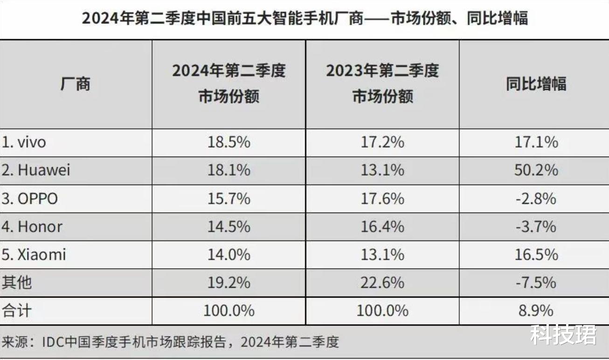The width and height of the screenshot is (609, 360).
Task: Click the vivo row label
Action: tap(25, 142)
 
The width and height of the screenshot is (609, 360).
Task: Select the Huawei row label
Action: tap(36, 170)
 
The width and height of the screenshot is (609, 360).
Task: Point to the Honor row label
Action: tap(33, 227)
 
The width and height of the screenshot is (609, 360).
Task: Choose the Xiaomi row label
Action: tap(35, 255)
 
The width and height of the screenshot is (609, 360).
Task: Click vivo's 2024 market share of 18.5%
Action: tap(228, 142)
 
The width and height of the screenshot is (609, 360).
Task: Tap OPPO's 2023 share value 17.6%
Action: tap(382, 199)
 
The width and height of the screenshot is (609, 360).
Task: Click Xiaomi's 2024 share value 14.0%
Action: tap(228, 255)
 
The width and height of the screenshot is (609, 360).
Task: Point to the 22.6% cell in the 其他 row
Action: tap(382, 283)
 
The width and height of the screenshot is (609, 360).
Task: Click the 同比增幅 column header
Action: tap(536, 84)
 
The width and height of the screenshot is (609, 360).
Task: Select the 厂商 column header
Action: tap(76, 84)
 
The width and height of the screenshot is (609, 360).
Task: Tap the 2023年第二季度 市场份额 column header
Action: tap(382, 84)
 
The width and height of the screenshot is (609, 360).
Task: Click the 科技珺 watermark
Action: tap(563, 335)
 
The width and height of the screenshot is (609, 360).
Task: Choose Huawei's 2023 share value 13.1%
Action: tap(382, 170)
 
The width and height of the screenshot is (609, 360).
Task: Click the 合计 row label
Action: tap(17, 311)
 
